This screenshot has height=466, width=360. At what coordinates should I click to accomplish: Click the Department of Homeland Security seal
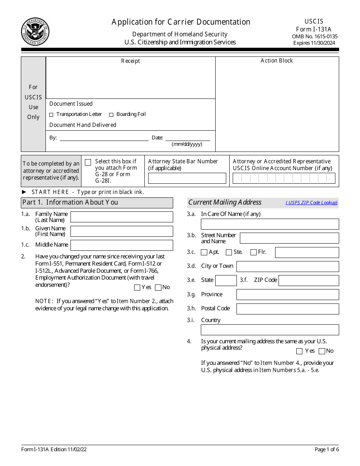[35, 31]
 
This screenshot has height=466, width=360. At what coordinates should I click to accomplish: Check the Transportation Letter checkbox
[52, 115]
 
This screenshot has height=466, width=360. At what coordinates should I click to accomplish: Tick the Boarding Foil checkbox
[111, 115]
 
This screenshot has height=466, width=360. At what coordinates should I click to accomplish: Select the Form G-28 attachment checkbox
[88, 162]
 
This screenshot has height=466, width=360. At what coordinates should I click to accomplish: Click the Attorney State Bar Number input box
[187, 178]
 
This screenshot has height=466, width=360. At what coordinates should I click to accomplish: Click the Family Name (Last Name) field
[122, 217]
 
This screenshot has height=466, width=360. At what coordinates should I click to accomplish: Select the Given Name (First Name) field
[122, 231]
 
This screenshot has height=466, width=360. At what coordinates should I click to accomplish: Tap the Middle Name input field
[122, 245]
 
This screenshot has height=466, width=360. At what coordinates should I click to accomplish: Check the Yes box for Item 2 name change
[137, 288]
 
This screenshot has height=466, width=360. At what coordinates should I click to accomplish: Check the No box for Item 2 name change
[158, 288]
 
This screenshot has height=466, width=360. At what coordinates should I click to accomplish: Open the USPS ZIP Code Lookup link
[311, 203]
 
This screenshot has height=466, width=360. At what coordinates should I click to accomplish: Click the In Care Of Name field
[270, 224]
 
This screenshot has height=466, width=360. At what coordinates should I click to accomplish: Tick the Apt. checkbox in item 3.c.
[204, 252]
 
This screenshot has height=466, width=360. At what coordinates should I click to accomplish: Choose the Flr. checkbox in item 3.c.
[254, 252]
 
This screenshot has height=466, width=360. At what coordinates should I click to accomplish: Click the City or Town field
[288, 266]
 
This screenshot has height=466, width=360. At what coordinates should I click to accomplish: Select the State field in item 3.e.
[226, 280]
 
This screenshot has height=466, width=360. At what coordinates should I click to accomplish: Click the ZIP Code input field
[308, 280]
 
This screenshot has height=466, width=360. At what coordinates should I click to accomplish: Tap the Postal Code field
[288, 309]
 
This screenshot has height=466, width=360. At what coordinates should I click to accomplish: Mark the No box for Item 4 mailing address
[322, 351]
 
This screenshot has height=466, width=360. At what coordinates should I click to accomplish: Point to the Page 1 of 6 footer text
[327, 449]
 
